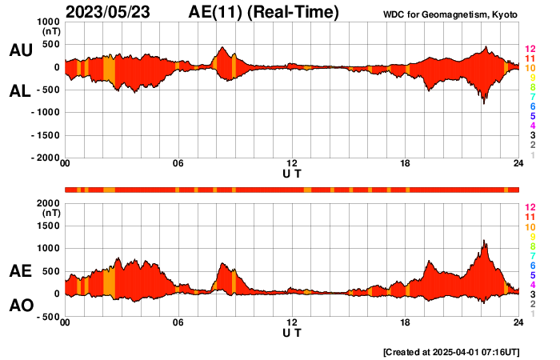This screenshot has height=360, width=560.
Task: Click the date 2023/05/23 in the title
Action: pyautogui.click(x=116, y=12)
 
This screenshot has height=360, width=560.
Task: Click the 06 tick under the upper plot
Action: pyautogui.click(x=178, y=164)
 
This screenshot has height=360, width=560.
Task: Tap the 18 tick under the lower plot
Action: pyautogui.click(x=406, y=322)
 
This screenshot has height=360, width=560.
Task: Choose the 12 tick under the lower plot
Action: pyautogui.click(x=292, y=322)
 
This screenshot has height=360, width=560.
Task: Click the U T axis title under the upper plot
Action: pyautogui.click(x=292, y=173)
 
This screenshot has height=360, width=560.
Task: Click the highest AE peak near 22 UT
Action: pyautogui.click(x=484, y=240)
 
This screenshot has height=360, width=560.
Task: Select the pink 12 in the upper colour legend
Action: pyautogui.click(x=530, y=50)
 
